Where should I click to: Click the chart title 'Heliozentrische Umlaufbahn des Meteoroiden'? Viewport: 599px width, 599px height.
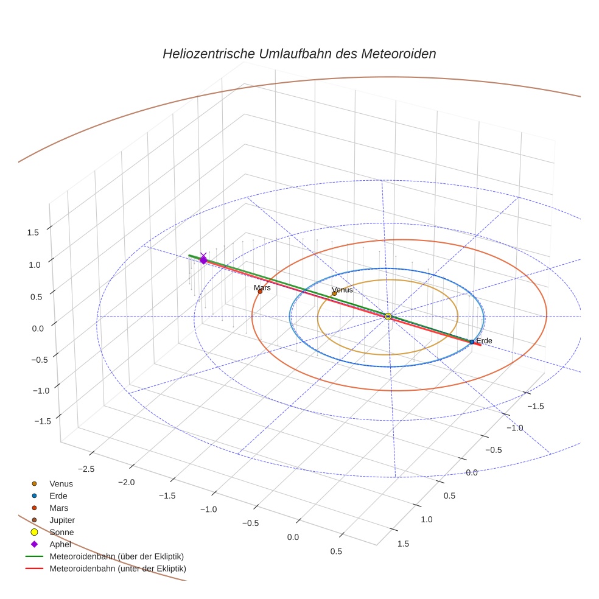[299, 54]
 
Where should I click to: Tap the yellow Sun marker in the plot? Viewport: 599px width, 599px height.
[388, 316]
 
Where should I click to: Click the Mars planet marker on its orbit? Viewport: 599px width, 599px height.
[260, 292]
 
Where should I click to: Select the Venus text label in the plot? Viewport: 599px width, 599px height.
[342, 290]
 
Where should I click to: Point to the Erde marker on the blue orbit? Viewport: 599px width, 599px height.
[472, 342]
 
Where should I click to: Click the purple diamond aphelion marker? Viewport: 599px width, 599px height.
[203, 260]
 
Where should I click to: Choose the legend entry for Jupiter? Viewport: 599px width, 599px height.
[61, 520]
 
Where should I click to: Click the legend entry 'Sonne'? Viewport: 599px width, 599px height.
[61, 532]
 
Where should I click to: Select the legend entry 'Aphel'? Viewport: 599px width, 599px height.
[60, 544]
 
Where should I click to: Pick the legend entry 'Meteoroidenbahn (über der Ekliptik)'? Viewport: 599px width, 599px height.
[116, 556]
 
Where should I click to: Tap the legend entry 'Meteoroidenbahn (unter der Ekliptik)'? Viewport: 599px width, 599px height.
[117, 569]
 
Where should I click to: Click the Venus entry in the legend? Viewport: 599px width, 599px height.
[61, 483]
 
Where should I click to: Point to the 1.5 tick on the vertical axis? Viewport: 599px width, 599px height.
[33, 232]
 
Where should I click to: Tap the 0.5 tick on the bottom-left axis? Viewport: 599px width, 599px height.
[336, 552]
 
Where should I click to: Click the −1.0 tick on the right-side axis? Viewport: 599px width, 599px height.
[516, 428]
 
